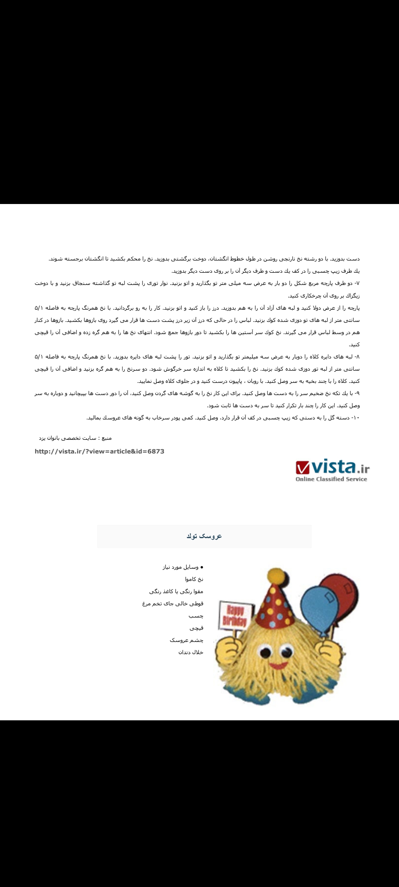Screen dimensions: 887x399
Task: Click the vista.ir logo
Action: tap(332, 470)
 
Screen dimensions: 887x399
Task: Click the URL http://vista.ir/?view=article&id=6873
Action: tap(99, 451)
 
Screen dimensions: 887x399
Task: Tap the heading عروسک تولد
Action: tap(204, 536)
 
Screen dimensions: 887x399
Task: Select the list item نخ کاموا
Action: tap(194, 579)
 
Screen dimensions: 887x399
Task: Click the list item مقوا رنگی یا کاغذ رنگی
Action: tap(176, 591)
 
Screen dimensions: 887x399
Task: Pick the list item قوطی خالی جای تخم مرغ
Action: tap(173, 604)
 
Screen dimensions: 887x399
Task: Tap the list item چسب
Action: tap(196, 616)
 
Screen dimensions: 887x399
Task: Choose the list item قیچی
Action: tap(196, 628)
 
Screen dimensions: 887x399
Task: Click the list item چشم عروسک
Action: tap(187, 640)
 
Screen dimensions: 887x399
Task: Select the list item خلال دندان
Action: tap(191, 652)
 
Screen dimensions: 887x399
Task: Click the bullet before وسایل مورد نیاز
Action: tap(202, 567)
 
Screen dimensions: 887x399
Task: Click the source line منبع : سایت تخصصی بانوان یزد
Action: tap(75, 438)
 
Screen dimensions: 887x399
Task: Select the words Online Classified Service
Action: tap(331, 479)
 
